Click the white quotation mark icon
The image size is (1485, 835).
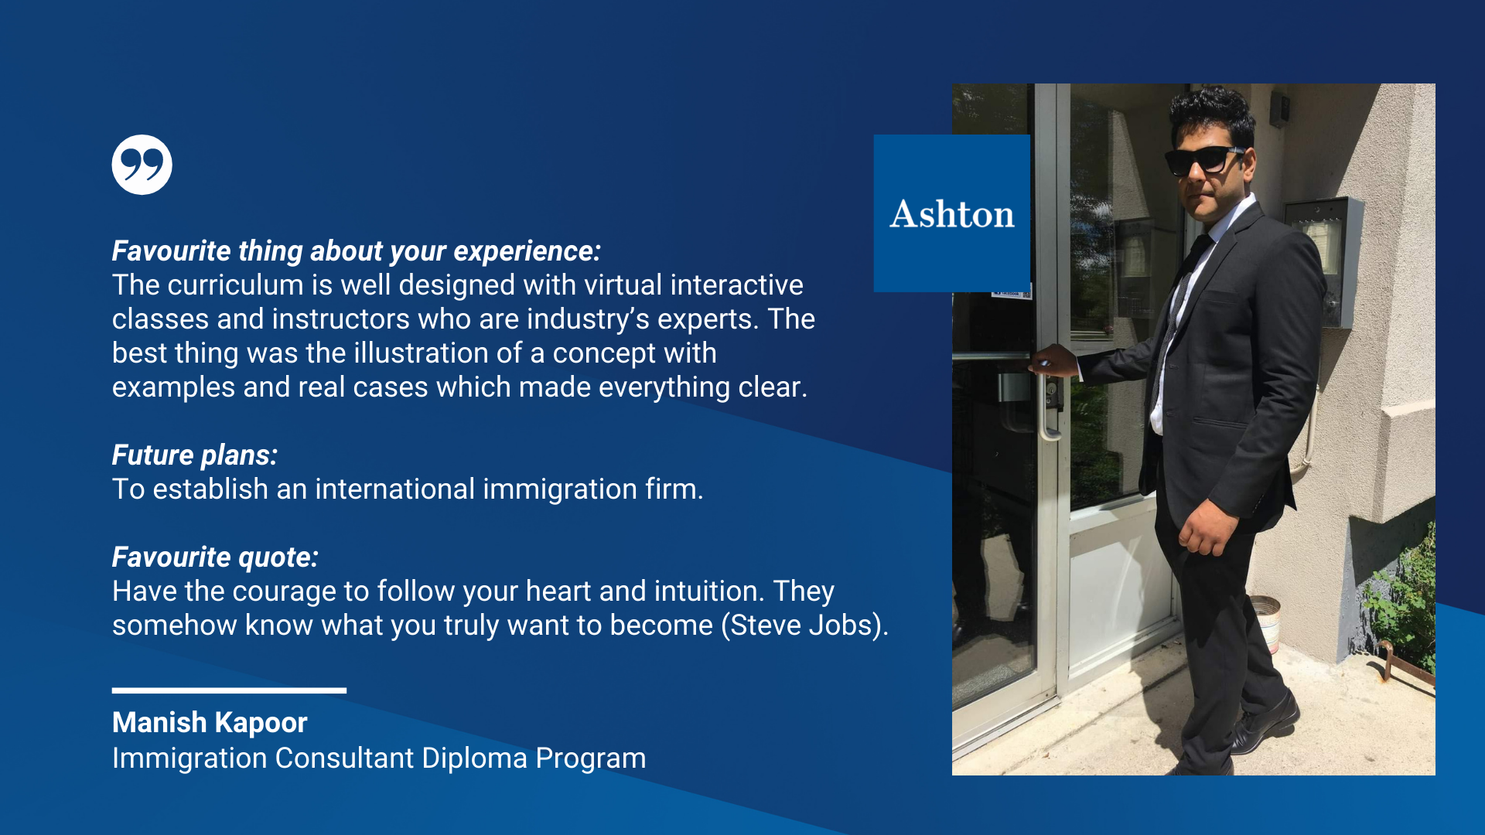(x=142, y=165)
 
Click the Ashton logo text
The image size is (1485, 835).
(x=952, y=214)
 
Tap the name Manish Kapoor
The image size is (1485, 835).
(x=210, y=723)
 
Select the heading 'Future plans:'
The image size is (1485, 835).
(x=195, y=455)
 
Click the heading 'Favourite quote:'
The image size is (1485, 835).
(x=215, y=557)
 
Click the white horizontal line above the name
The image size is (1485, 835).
(x=229, y=690)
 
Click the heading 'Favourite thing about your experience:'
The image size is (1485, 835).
(x=357, y=251)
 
